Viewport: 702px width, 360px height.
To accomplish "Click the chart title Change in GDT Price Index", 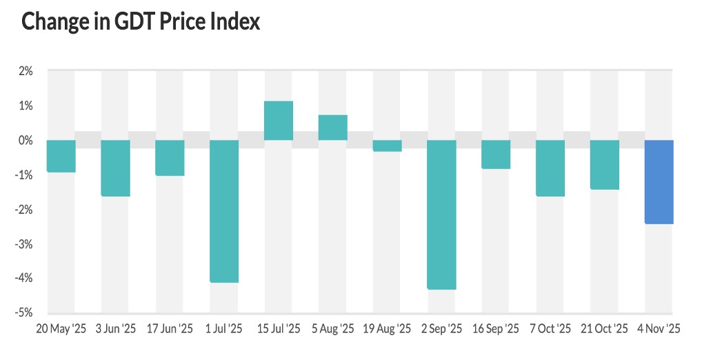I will pos(141,21).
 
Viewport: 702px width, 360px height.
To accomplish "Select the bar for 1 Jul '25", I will pos(224,211).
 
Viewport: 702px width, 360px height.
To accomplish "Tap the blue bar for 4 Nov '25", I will pos(659,181).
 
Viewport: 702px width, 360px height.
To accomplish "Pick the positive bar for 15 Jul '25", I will pos(279,121).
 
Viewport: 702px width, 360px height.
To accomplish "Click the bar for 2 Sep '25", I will pos(441,214).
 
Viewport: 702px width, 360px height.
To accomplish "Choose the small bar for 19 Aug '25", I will pos(387,146).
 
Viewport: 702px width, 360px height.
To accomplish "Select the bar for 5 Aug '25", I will pos(332,128).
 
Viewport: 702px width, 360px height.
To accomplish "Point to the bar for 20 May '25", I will pos(61,156).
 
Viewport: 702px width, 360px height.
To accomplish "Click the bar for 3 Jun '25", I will pos(115,168).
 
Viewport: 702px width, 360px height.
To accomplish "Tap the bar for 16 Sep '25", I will pos(496,154).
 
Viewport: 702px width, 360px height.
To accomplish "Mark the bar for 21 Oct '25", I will pos(604,165).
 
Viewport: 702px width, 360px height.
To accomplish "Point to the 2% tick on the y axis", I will pos(26,71).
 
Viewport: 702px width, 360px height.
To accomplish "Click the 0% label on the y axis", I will pos(26,140).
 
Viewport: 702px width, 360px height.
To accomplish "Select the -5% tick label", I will pos(24,312).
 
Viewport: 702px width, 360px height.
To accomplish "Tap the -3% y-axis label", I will pos(24,243).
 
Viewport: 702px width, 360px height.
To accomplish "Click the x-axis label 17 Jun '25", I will pos(170,330).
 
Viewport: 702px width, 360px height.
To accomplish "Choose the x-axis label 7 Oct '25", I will pos(550,330).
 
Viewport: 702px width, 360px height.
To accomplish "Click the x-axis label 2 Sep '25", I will pos(441,330).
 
